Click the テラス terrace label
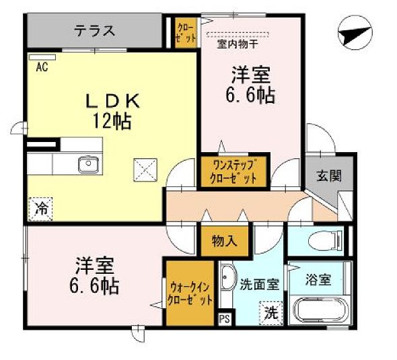(95, 31)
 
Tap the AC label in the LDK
(40, 66)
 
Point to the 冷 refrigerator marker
(40, 207)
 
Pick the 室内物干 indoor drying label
(234, 45)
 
